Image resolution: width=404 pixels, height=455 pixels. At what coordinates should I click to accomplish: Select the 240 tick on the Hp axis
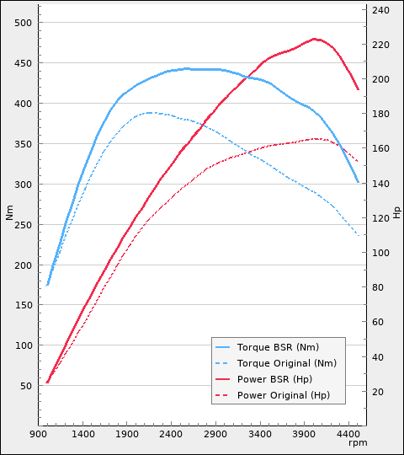point(380,10)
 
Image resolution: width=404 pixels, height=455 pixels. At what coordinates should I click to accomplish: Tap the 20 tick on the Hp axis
point(378,392)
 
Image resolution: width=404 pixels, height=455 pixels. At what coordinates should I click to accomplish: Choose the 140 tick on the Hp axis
point(380,184)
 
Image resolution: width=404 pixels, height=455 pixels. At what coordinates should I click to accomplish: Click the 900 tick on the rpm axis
point(39,434)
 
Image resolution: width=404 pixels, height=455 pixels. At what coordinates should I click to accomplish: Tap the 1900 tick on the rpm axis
point(127,434)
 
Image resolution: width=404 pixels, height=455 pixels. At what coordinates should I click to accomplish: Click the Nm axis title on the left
point(10,213)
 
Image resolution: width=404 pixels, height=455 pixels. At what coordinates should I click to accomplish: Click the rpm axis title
point(359,443)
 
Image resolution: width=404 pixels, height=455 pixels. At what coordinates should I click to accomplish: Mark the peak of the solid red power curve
point(315,39)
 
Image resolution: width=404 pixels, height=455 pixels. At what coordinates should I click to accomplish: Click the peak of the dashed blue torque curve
point(149,112)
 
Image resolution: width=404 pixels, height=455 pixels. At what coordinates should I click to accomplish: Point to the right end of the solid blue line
point(359,183)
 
